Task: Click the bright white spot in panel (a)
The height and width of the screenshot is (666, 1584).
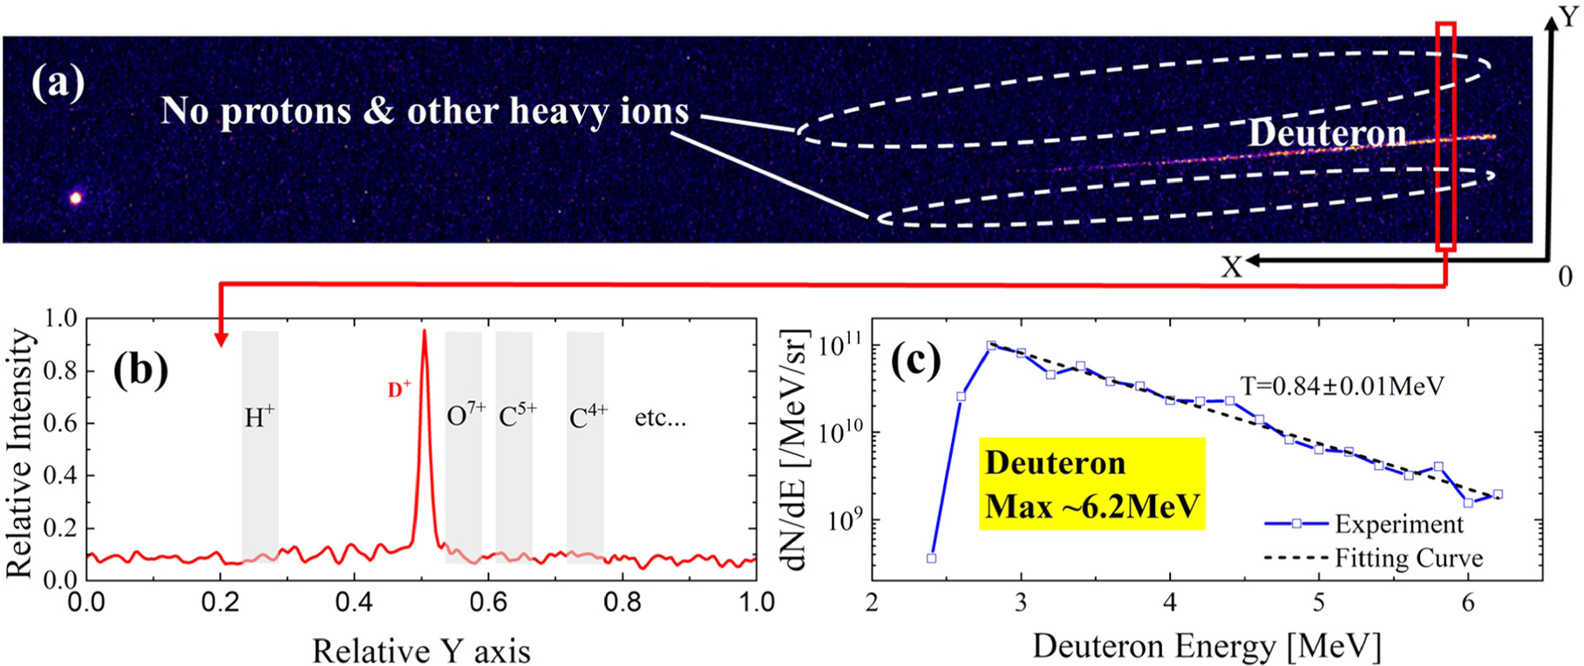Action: [76, 198]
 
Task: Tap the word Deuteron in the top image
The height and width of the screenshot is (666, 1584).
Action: [1327, 133]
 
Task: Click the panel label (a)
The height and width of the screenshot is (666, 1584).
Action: [58, 84]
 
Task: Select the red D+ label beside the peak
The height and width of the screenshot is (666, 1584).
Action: [399, 390]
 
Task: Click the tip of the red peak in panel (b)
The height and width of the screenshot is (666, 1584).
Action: [425, 331]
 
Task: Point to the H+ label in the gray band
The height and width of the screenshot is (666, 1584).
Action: [259, 418]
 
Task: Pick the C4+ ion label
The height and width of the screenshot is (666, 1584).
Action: [588, 418]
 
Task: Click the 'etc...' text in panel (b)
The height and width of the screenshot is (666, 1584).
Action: [660, 418]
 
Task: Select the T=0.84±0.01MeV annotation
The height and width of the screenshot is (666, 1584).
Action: [1343, 385]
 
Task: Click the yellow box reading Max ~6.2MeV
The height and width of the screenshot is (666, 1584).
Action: [1091, 485]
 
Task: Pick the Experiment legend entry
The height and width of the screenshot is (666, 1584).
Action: [1397, 524]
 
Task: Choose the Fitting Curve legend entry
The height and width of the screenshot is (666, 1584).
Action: [1407, 558]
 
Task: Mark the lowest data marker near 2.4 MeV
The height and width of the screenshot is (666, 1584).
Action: [931, 558]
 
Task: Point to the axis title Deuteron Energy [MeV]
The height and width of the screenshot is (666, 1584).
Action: [1206, 646]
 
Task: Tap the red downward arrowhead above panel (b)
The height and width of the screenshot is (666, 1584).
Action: [221, 339]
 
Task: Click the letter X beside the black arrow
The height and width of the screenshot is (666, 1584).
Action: [1230, 267]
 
